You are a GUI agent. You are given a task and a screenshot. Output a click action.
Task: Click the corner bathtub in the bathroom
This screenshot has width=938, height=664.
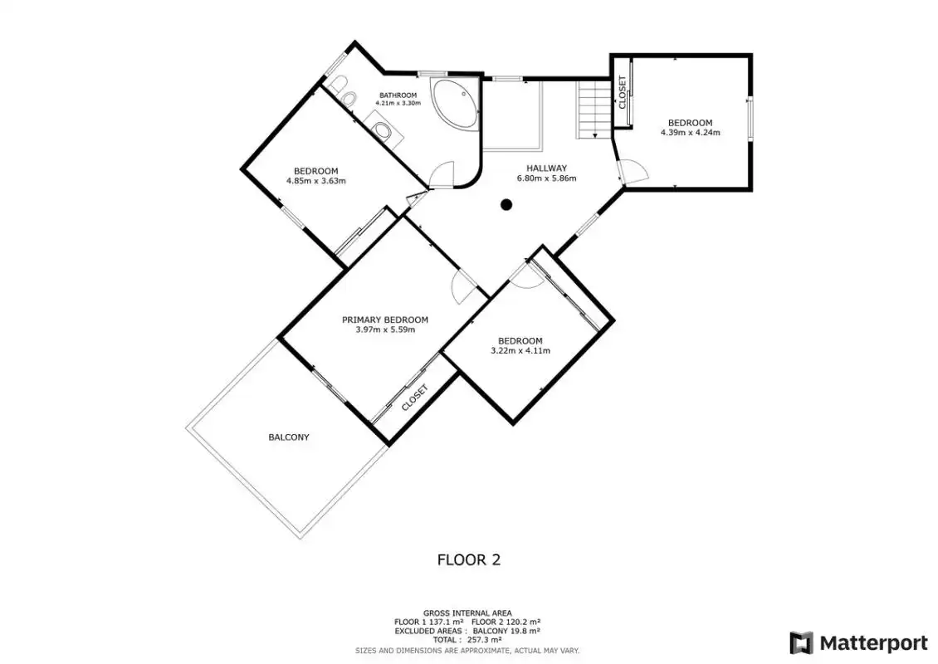(x=455, y=105)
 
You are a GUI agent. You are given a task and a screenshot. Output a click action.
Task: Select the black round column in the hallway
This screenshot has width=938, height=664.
(x=506, y=205)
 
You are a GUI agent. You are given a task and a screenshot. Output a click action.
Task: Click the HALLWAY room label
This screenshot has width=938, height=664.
(x=546, y=168)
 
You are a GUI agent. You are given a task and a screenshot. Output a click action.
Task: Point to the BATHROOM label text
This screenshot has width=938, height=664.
(x=398, y=95)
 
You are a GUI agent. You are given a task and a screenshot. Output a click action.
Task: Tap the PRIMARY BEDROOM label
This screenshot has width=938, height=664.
(x=384, y=320)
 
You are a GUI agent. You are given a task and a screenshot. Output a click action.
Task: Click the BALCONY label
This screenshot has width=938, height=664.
(x=289, y=437)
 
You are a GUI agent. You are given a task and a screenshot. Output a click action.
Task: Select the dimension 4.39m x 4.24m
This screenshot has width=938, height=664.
(x=691, y=133)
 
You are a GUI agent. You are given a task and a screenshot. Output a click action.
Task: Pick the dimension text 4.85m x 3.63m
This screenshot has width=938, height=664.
(x=316, y=181)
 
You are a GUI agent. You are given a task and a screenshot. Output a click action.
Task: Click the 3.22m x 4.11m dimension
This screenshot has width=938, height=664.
(x=520, y=350)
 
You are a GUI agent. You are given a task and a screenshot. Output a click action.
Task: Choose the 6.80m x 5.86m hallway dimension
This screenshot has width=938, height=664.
(x=546, y=178)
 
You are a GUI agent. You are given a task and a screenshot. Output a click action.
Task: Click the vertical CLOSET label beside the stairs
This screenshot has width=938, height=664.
(x=622, y=91)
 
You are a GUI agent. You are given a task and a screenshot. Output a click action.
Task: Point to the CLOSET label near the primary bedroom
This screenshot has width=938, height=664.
(x=415, y=398)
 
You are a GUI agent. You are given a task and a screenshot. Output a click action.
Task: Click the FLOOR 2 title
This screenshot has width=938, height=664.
(x=469, y=560)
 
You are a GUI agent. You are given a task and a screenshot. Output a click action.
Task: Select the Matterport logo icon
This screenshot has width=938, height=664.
(x=802, y=643)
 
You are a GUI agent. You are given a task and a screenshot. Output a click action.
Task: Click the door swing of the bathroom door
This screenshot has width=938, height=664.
(x=442, y=174)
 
